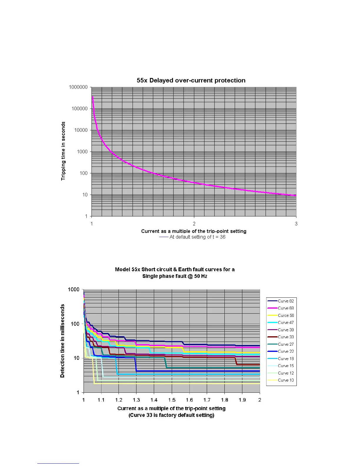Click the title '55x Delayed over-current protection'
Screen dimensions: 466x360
pyautogui.click(x=191, y=80)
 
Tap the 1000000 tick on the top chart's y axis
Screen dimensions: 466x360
pyautogui.click(x=78, y=87)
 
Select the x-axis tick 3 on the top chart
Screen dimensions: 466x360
pyautogui.click(x=296, y=224)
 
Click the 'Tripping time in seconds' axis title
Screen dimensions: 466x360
pyautogui.click(x=63, y=151)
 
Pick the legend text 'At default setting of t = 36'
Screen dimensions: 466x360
pyautogui.click(x=197, y=237)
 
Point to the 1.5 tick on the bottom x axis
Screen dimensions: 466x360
pyautogui.click(x=172, y=400)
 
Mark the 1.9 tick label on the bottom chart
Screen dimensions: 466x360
pyautogui.click(x=242, y=400)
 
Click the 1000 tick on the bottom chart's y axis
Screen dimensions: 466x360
pyautogui.click(x=74, y=289)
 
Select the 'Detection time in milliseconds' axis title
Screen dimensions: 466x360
pyautogui.click(x=62, y=341)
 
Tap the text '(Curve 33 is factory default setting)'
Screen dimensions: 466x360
pyautogui.click(x=171, y=415)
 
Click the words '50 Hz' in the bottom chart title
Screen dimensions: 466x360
pyautogui.click(x=201, y=276)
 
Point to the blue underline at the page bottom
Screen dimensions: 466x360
pyautogui.click(x=58, y=463)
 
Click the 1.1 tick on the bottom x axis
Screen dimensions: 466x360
pyautogui.click(x=101, y=400)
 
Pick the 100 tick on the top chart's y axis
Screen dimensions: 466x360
pyautogui.click(x=84, y=173)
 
